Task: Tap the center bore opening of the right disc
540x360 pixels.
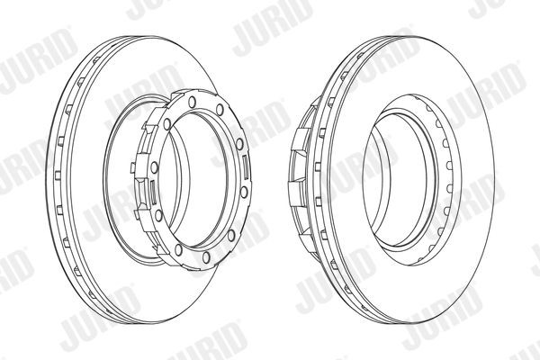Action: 409,171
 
